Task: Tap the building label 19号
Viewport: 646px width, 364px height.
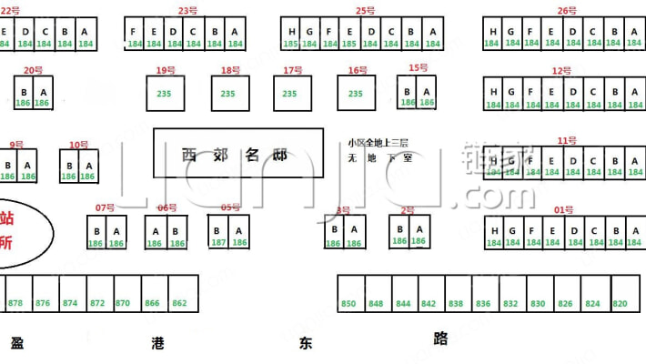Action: pos(166,70)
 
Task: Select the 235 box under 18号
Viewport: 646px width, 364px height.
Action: pos(228,93)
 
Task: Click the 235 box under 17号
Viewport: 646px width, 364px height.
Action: pos(290,93)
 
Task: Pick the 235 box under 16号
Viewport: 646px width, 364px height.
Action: pos(355,93)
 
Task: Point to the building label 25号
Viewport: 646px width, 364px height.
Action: pos(365,11)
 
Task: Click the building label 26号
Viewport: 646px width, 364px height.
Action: pos(567,11)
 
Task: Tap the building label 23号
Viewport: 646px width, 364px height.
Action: pos(187,11)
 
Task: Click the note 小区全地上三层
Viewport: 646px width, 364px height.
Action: pos(378,143)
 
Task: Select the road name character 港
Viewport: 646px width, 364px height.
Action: pos(159,343)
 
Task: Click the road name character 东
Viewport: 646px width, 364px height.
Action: pos(304,343)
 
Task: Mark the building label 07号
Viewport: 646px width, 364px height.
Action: pos(106,207)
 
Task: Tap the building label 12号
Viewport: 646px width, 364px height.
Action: pos(561,70)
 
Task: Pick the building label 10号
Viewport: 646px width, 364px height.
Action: pos(78,144)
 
